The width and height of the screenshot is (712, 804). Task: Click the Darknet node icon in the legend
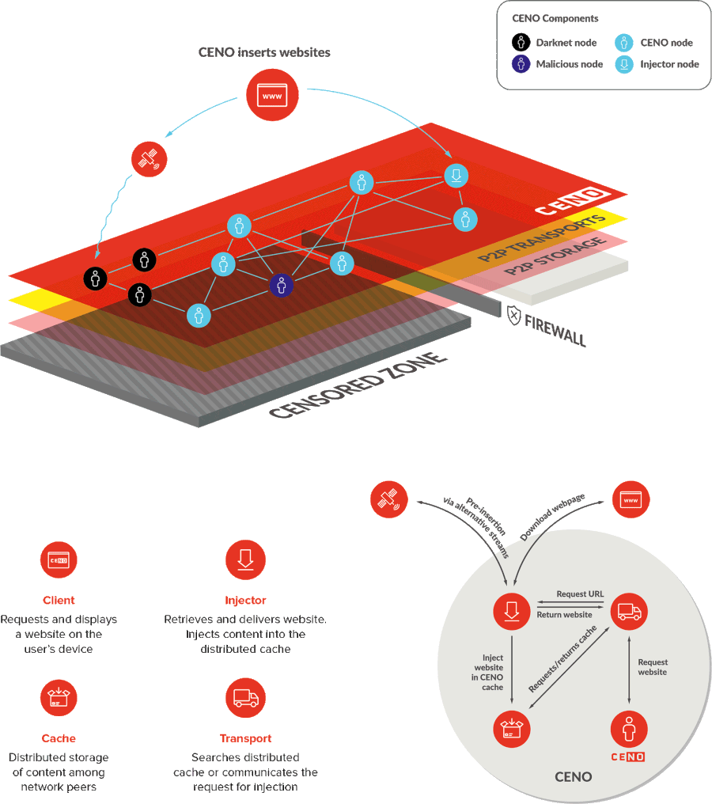(x=521, y=43)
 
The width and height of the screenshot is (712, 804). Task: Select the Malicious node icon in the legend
(x=521, y=64)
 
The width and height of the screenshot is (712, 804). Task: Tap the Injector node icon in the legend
(x=624, y=64)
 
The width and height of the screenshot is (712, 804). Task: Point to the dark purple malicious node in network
(x=282, y=285)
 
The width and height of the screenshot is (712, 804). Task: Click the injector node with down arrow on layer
(x=456, y=175)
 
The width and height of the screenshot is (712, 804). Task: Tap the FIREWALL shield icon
(x=514, y=316)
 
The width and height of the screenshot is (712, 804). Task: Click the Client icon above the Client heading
(x=59, y=560)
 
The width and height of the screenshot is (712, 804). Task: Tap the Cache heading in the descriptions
(x=59, y=738)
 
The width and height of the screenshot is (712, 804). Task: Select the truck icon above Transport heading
(x=245, y=698)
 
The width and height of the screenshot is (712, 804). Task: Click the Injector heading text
(x=245, y=601)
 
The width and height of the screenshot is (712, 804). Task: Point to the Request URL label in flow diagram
(x=580, y=594)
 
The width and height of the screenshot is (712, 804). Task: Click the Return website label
(x=564, y=615)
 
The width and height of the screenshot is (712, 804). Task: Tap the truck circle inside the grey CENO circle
(x=629, y=611)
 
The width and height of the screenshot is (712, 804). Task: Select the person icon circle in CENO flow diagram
(x=629, y=730)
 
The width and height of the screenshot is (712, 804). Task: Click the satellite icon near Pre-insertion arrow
(x=388, y=500)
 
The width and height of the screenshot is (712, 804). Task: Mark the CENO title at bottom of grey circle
(x=573, y=776)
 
